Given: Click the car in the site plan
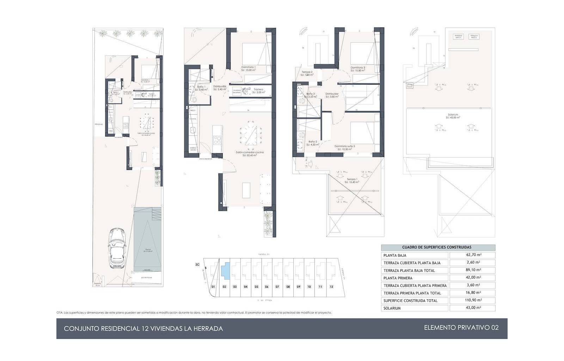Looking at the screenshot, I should (x=117, y=249).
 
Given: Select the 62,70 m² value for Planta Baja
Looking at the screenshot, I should (x=472, y=255).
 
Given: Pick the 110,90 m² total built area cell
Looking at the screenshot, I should (x=472, y=300).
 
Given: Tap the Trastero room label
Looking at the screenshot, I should (x=258, y=90).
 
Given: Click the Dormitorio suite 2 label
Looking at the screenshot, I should (x=344, y=146).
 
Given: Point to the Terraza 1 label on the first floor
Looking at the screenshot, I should (x=351, y=179).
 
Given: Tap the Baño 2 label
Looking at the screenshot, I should (x=313, y=142).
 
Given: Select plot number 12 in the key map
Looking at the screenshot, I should (x=331, y=287).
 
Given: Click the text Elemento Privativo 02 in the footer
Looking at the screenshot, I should (x=461, y=328).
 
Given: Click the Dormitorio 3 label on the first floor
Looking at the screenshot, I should (x=357, y=68).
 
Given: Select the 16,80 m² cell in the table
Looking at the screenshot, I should (x=472, y=293).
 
